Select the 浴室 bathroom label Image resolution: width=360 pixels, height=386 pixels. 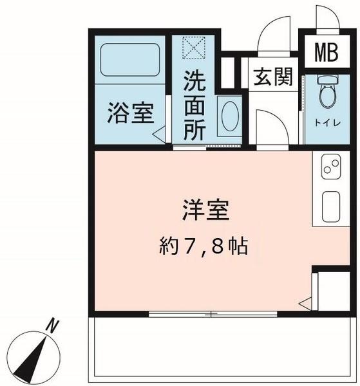pos(130,115)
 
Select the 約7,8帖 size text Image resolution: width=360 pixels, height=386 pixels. pos(204,246)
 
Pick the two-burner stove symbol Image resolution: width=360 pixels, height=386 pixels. pos(330,169)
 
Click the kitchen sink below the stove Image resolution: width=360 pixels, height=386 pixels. pos(330,207)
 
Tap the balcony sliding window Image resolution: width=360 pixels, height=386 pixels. pos(213,315)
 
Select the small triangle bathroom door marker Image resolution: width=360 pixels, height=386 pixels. pos(158,136)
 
